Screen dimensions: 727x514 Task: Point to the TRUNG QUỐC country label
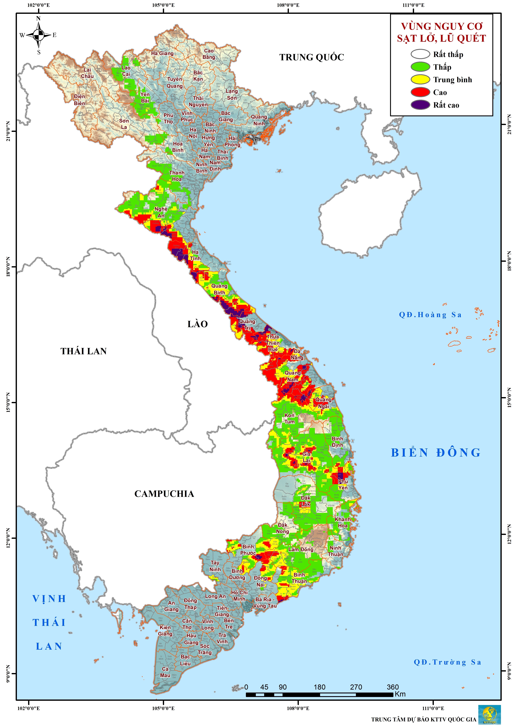(x=311, y=57)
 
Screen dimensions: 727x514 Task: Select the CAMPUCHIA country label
(x=164, y=493)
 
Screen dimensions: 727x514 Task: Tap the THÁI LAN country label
(x=84, y=351)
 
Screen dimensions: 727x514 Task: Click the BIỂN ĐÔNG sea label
(x=436, y=453)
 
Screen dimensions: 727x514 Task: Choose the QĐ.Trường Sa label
(x=447, y=662)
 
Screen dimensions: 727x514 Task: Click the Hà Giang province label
(x=162, y=53)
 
